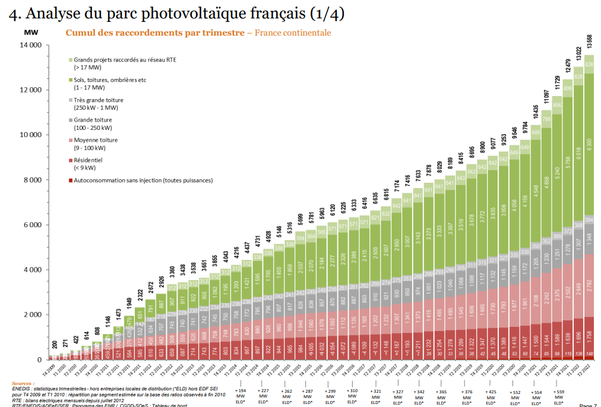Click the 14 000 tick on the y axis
coord(30,45)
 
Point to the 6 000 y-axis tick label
coord(31,225)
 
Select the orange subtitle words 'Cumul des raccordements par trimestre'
coord(154,33)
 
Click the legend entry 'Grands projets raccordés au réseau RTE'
coord(125,60)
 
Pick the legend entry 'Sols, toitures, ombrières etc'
coord(113,80)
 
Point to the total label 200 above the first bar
coord(55,345)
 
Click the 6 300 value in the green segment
coord(589,145)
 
